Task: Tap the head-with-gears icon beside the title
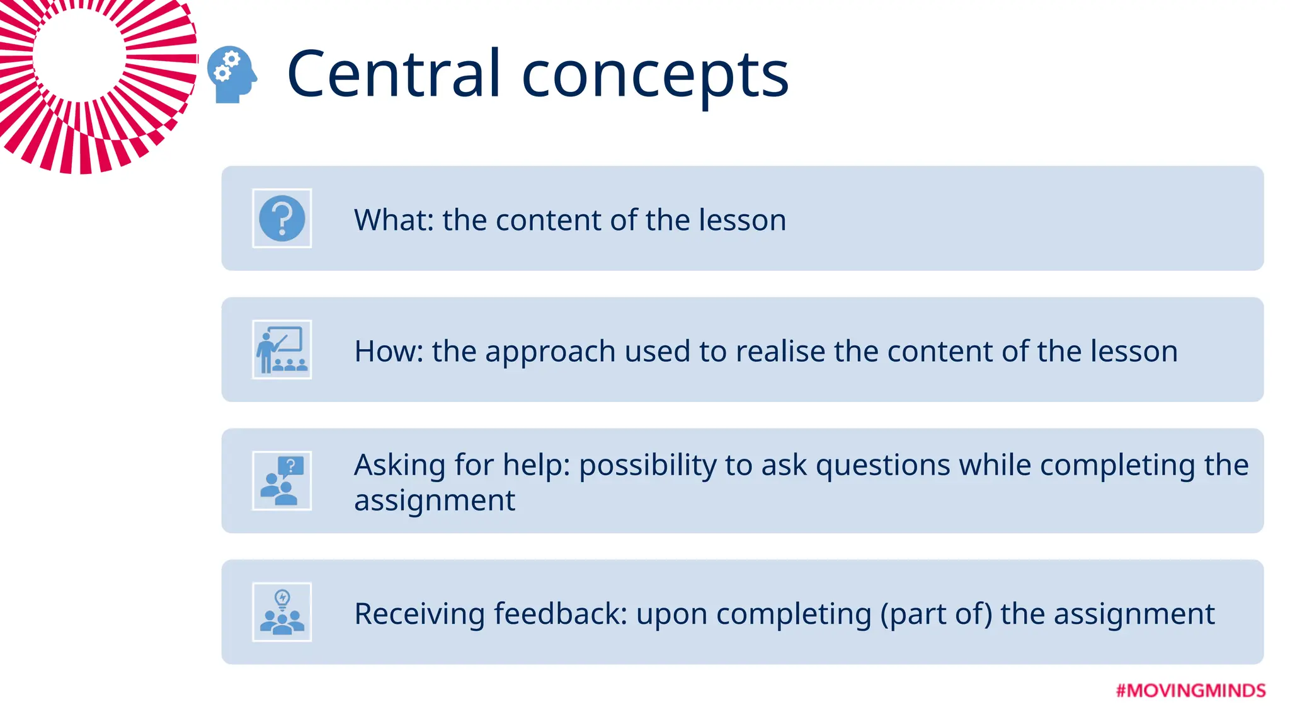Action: click(x=232, y=74)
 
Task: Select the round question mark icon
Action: click(x=282, y=219)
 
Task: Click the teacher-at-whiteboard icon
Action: click(x=282, y=350)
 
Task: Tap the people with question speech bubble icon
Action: click(x=282, y=481)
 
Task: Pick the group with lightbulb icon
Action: click(x=282, y=612)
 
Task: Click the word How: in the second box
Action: click(x=389, y=352)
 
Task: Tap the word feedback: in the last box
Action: click(x=561, y=614)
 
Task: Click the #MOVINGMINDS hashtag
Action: click(x=1190, y=691)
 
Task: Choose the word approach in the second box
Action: click(x=550, y=353)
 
